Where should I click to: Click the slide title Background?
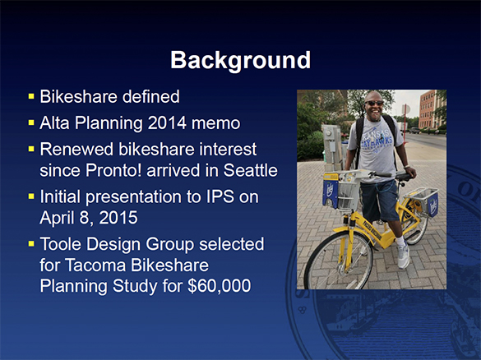(x=240, y=60)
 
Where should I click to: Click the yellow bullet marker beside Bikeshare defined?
(x=30, y=98)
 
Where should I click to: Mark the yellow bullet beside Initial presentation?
(x=30, y=197)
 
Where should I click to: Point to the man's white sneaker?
(x=403, y=256)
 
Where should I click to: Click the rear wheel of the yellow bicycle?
(x=428, y=247)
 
